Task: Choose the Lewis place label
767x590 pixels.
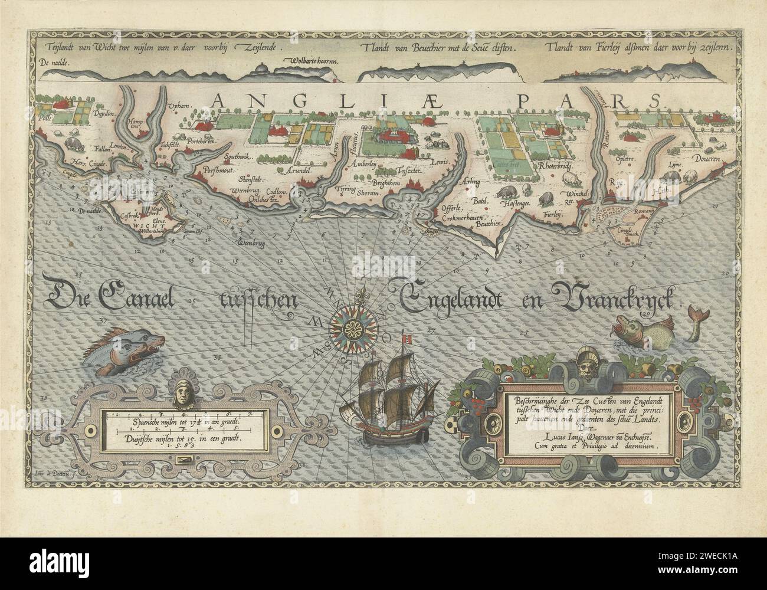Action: (x=440, y=162)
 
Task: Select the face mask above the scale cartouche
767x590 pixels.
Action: (x=182, y=392)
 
